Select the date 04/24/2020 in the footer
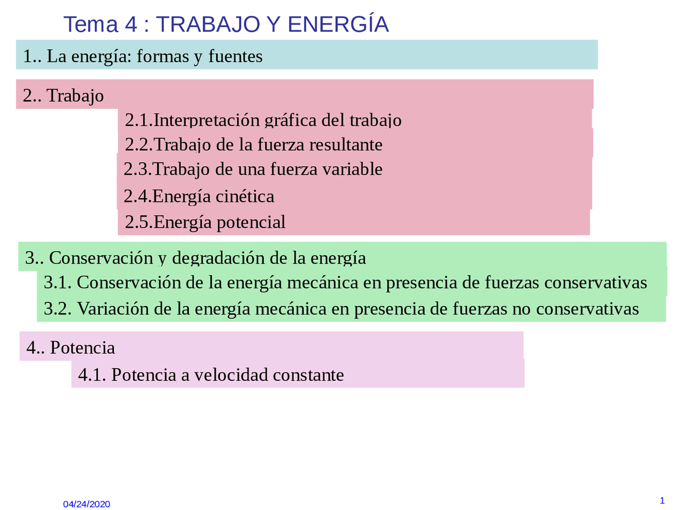pos(87,504)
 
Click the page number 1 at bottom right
pos(662,500)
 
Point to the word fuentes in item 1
pos(235,56)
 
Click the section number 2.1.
pos(138,120)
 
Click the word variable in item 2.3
pos(355,169)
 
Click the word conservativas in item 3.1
pos(595,283)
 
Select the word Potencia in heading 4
pos(82,347)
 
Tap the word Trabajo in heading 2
pos(75,96)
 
